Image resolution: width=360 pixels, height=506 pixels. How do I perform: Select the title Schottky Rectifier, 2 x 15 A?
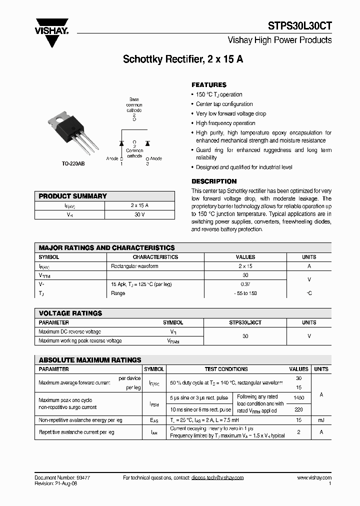[183, 59]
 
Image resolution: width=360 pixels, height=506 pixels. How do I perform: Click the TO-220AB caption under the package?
[73, 164]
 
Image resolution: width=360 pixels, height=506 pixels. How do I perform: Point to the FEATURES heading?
[209, 85]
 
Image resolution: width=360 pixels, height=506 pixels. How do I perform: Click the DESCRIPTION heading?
[214, 181]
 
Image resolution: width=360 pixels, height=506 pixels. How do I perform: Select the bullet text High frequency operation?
[225, 123]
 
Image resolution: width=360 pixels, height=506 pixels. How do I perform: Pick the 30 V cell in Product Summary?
[139, 214]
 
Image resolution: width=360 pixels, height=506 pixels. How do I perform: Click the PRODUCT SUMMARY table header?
[73, 196]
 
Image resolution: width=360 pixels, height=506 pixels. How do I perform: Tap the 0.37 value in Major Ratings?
[245, 284]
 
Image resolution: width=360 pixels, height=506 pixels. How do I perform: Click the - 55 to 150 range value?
[245, 293]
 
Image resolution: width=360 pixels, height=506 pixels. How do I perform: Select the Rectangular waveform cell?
[134, 266]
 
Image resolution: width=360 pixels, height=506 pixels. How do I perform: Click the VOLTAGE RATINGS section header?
[70, 313]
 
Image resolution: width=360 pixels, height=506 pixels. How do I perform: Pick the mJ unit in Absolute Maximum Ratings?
[321, 420]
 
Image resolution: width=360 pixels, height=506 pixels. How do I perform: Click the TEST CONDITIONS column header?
[226, 369]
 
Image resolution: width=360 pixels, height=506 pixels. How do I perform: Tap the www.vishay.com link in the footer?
[314, 477]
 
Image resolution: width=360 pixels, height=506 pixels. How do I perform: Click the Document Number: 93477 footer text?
[62, 477]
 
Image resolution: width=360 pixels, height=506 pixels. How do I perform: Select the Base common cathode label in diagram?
[134, 105]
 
